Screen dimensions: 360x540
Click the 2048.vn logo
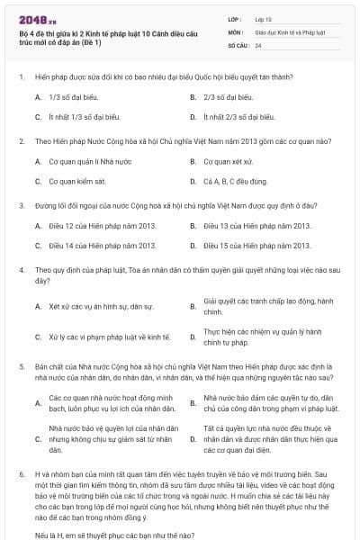(36, 18)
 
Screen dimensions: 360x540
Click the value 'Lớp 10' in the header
(265, 17)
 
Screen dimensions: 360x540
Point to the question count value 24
(258, 44)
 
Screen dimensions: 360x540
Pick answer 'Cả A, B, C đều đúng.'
(236, 181)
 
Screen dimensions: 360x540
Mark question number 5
(21, 367)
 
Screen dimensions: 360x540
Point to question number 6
(21, 472)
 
